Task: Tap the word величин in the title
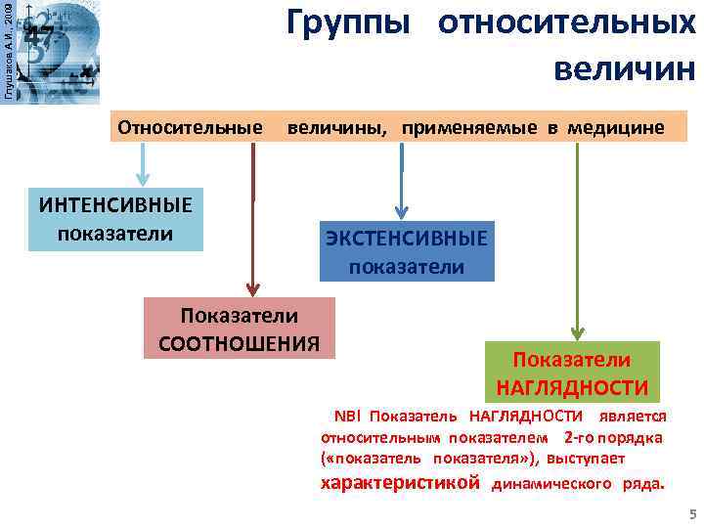pyautogui.click(x=623, y=69)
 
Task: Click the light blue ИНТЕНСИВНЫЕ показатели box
pyautogui.click(x=115, y=220)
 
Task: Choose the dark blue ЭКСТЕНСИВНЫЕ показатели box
pyautogui.click(x=407, y=252)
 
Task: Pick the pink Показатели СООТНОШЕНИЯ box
pyautogui.click(x=239, y=329)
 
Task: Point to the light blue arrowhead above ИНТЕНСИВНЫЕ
pyautogui.click(x=143, y=177)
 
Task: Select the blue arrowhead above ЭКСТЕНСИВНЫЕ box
pyautogui.click(x=402, y=210)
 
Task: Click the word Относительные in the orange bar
pyautogui.click(x=190, y=128)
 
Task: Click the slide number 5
pyautogui.click(x=692, y=514)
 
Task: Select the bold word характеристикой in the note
pyautogui.click(x=401, y=482)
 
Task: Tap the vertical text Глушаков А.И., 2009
pyautogui.click(x=9, y=49)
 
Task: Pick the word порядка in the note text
pyautogui.click(x=633, y=437)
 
